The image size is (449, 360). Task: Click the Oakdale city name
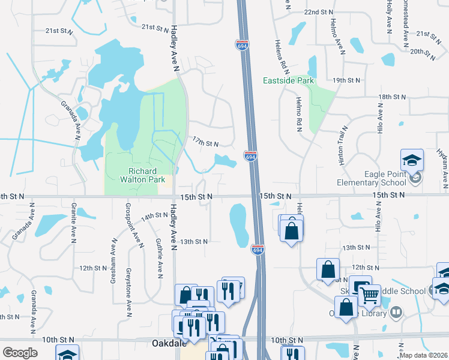(x=168, y=344)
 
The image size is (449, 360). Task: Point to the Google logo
(x=20, y=353)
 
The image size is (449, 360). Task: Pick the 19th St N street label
(x=346, y=80)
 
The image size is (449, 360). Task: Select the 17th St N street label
(x=205, y=142)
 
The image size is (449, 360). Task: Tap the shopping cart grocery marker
(x=369, y=296)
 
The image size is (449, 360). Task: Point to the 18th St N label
(x=393, y=97)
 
